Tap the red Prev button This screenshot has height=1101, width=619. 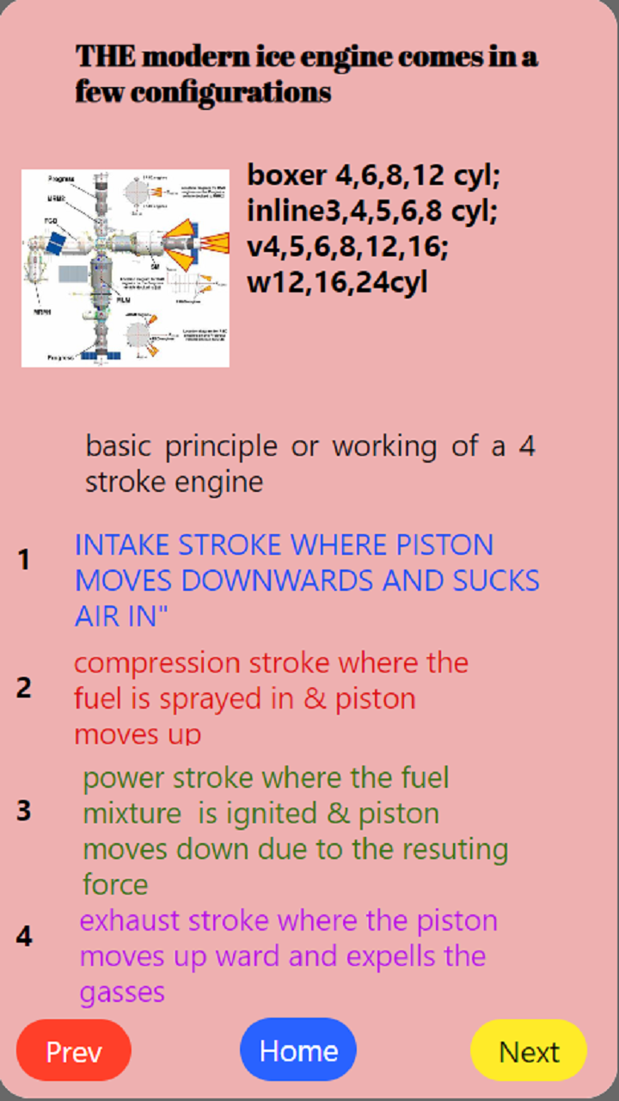click(74, 1050)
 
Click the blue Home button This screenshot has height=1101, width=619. click(298, 1050)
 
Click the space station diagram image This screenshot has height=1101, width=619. click(126, 268)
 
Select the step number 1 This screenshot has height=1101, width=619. click(24, 561)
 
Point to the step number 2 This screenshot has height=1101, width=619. click(24, 688)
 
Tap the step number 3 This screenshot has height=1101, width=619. click(24, 811)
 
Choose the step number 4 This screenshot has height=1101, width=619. click(24, 937)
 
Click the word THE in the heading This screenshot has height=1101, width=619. click(105, 58)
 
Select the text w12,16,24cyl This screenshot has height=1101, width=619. click(337, 282)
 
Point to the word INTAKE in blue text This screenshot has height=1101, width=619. click(123, 545)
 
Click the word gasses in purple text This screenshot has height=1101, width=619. click(122, 993)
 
